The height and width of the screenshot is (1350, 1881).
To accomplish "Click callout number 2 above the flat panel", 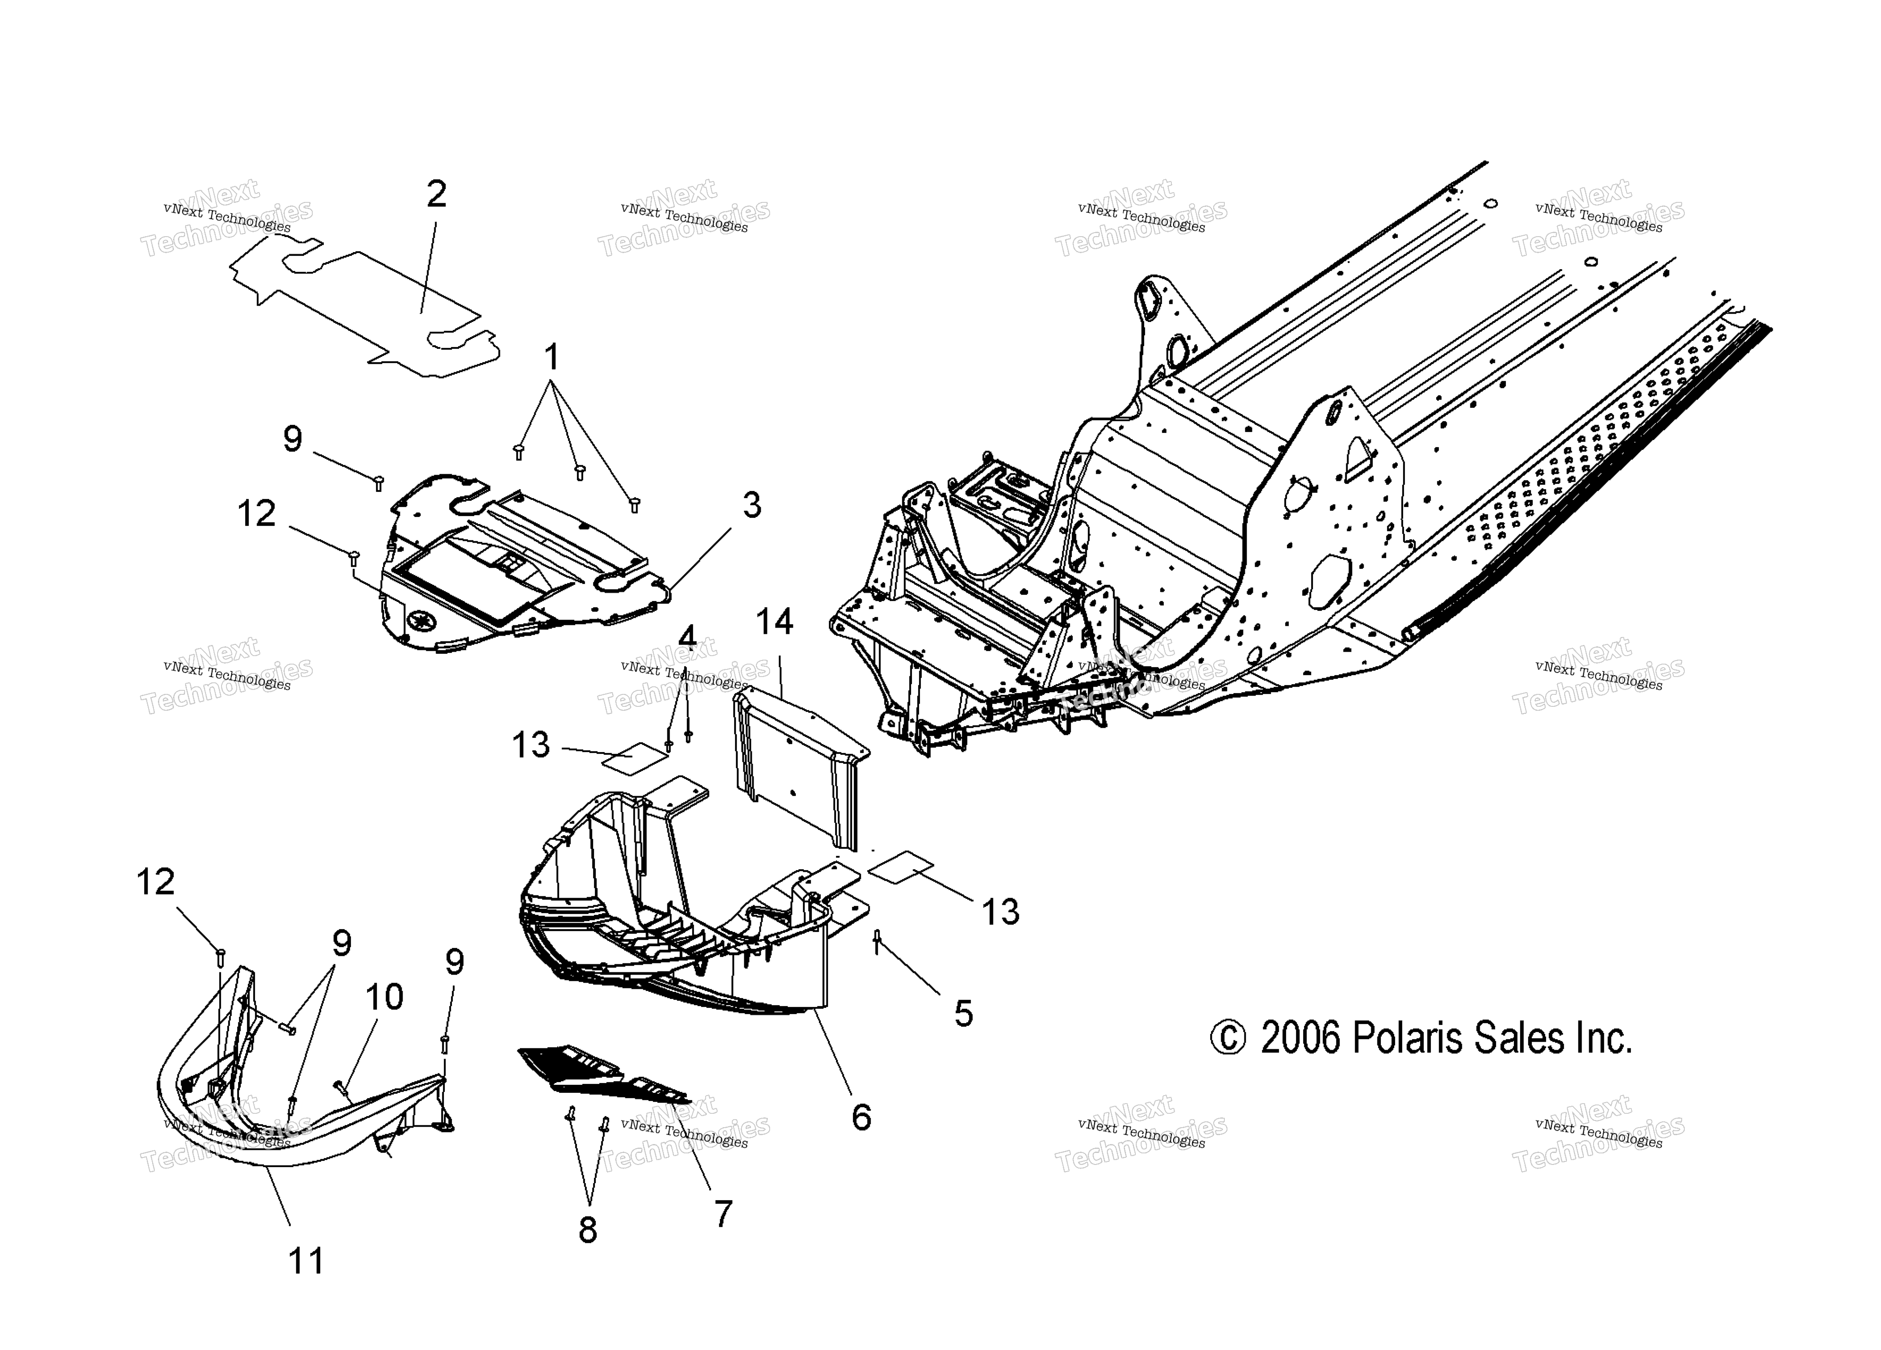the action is coord(436,194).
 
